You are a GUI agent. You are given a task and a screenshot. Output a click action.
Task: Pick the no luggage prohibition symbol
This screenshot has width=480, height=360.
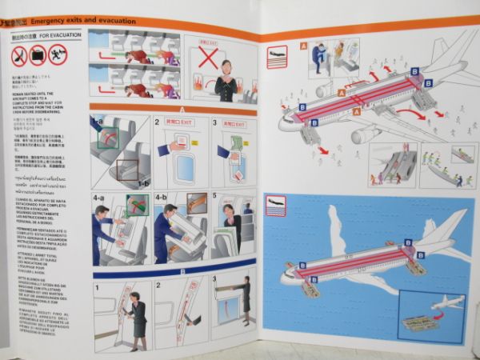[38, 55]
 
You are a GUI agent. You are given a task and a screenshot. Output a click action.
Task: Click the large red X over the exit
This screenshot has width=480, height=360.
[209, 58]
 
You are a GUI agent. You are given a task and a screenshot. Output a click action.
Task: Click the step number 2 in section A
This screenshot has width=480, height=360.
[158, 123]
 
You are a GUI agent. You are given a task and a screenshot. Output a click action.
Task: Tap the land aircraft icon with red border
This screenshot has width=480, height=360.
[277, 56]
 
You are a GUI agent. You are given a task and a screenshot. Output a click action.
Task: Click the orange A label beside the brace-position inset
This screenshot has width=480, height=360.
[303, 46]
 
